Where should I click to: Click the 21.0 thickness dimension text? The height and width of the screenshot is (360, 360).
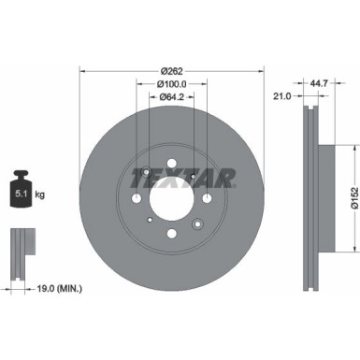click(x=279, y=95)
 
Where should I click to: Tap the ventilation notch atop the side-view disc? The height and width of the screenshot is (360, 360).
click(x=308, y=108)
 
